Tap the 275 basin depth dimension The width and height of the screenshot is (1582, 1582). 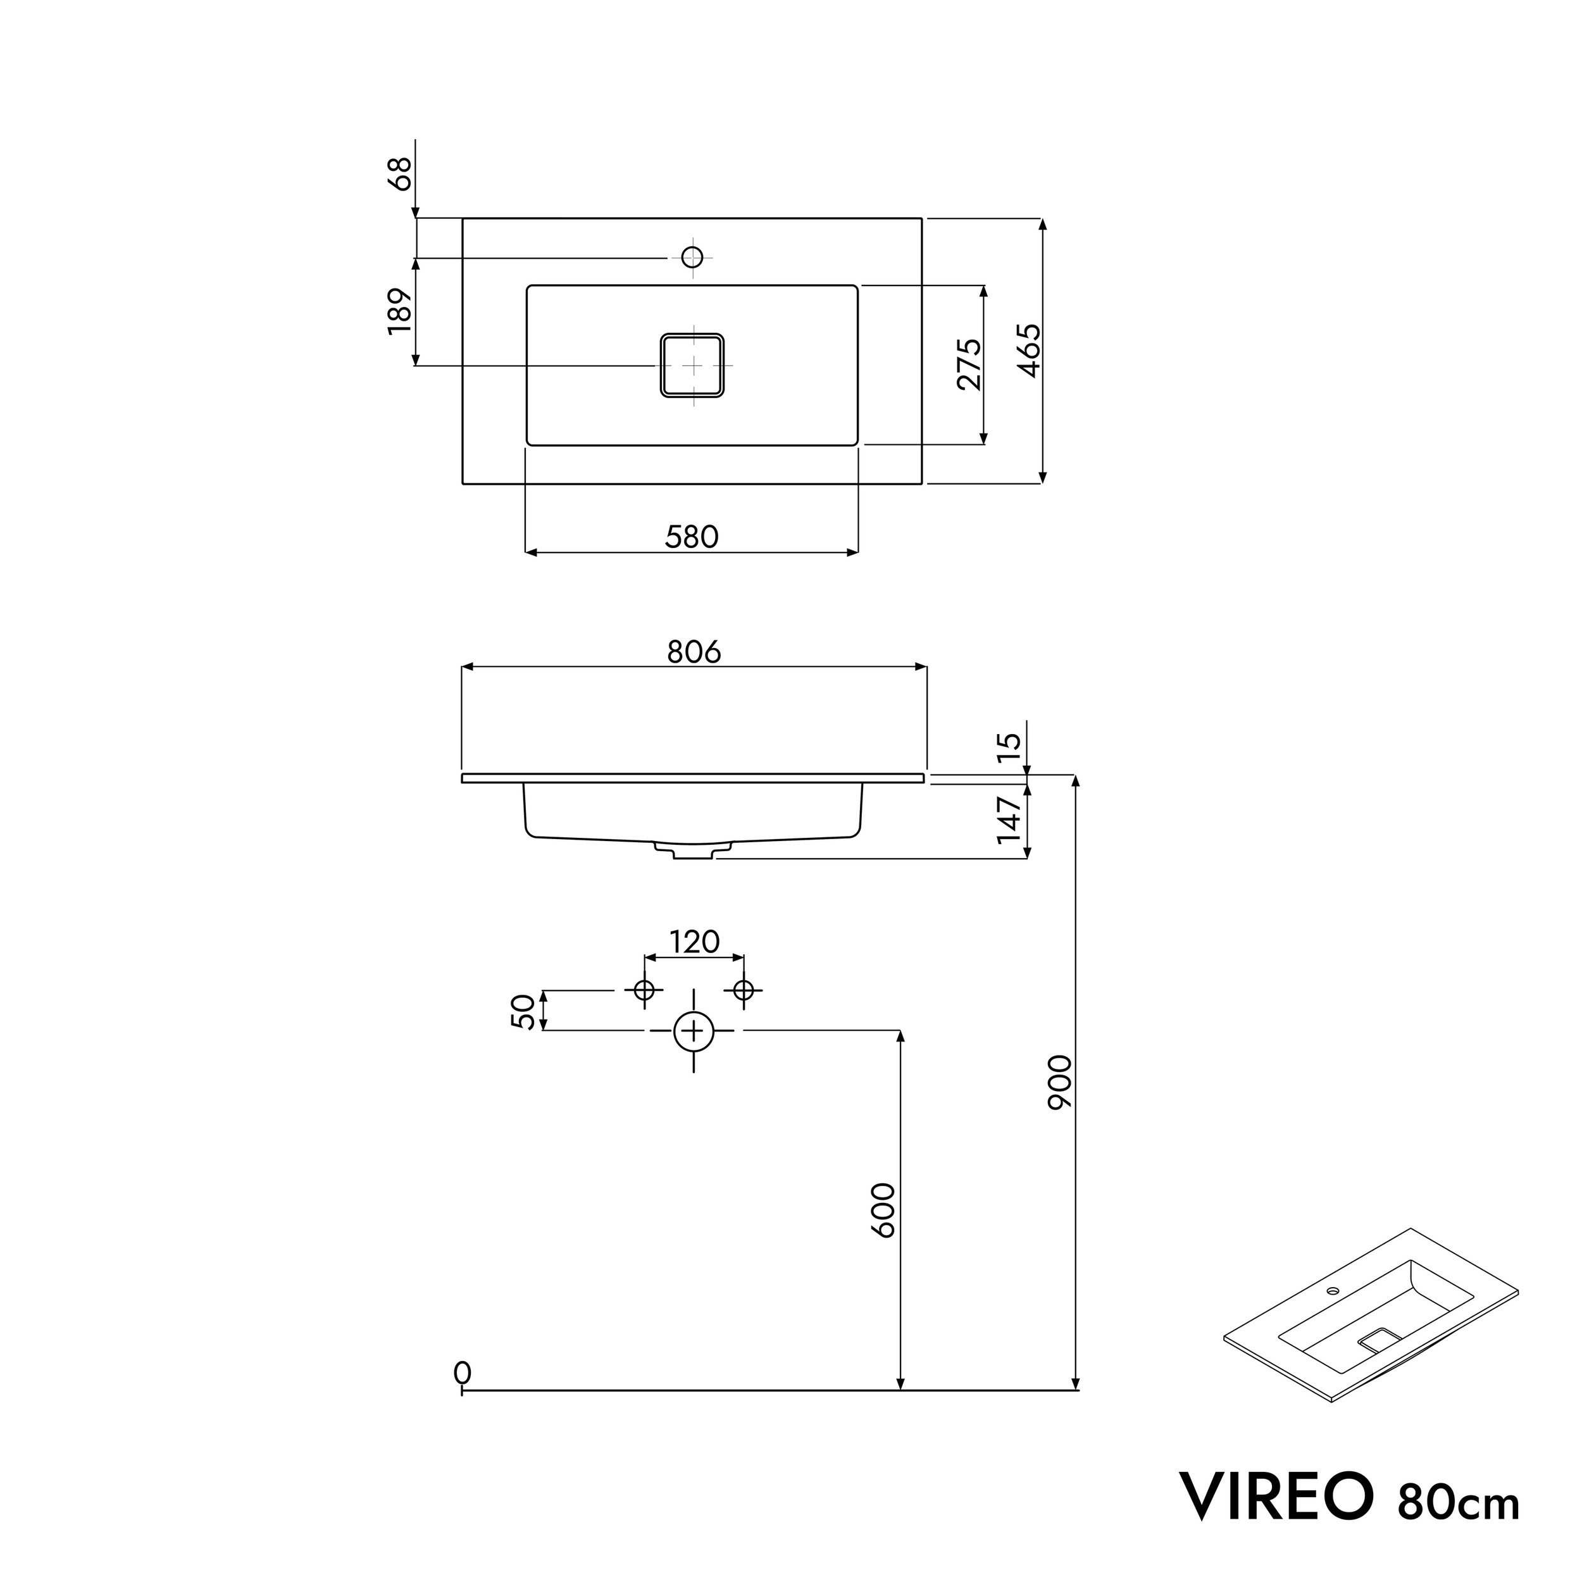point(968,364)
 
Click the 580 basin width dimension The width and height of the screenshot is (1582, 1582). point(692,537)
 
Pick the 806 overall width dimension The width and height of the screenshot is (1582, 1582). point(694,652)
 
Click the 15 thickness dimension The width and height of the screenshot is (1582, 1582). point(1011,747)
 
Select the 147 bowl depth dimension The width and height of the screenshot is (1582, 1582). point(1011,819)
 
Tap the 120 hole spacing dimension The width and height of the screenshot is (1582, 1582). point(694,942)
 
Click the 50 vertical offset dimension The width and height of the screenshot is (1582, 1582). point(523,1011)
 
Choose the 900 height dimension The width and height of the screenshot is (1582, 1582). point(1059,1083)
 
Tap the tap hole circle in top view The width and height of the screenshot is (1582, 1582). point(693,257)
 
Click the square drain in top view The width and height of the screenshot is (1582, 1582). point(693,365)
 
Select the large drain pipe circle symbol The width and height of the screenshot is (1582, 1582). point(694,1031)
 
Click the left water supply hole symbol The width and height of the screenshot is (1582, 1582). point(644,991)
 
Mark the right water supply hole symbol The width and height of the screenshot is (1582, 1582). point(744,991)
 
